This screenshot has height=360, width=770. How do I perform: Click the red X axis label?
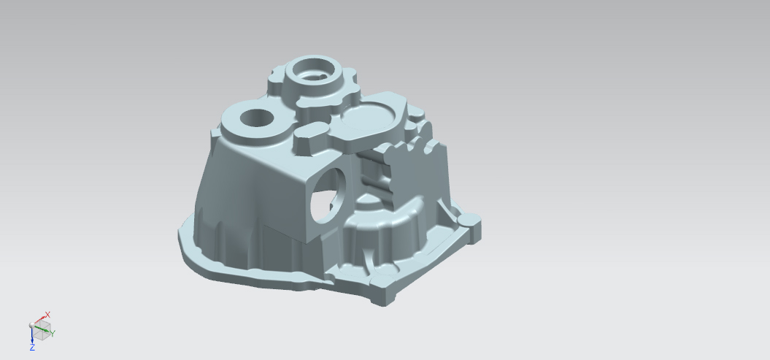tap(47, 314)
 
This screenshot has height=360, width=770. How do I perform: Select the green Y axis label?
tap(53, 334)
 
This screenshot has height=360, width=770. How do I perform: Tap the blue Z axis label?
tap(32, 348)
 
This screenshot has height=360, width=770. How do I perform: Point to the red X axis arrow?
tap(39, 321)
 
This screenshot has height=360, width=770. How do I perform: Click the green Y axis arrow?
tap(43, 330)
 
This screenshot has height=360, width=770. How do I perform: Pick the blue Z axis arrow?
tap(32, 335)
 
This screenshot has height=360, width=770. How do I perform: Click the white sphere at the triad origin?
tap(32, 325)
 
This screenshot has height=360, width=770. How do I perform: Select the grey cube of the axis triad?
tap(43, 330)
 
